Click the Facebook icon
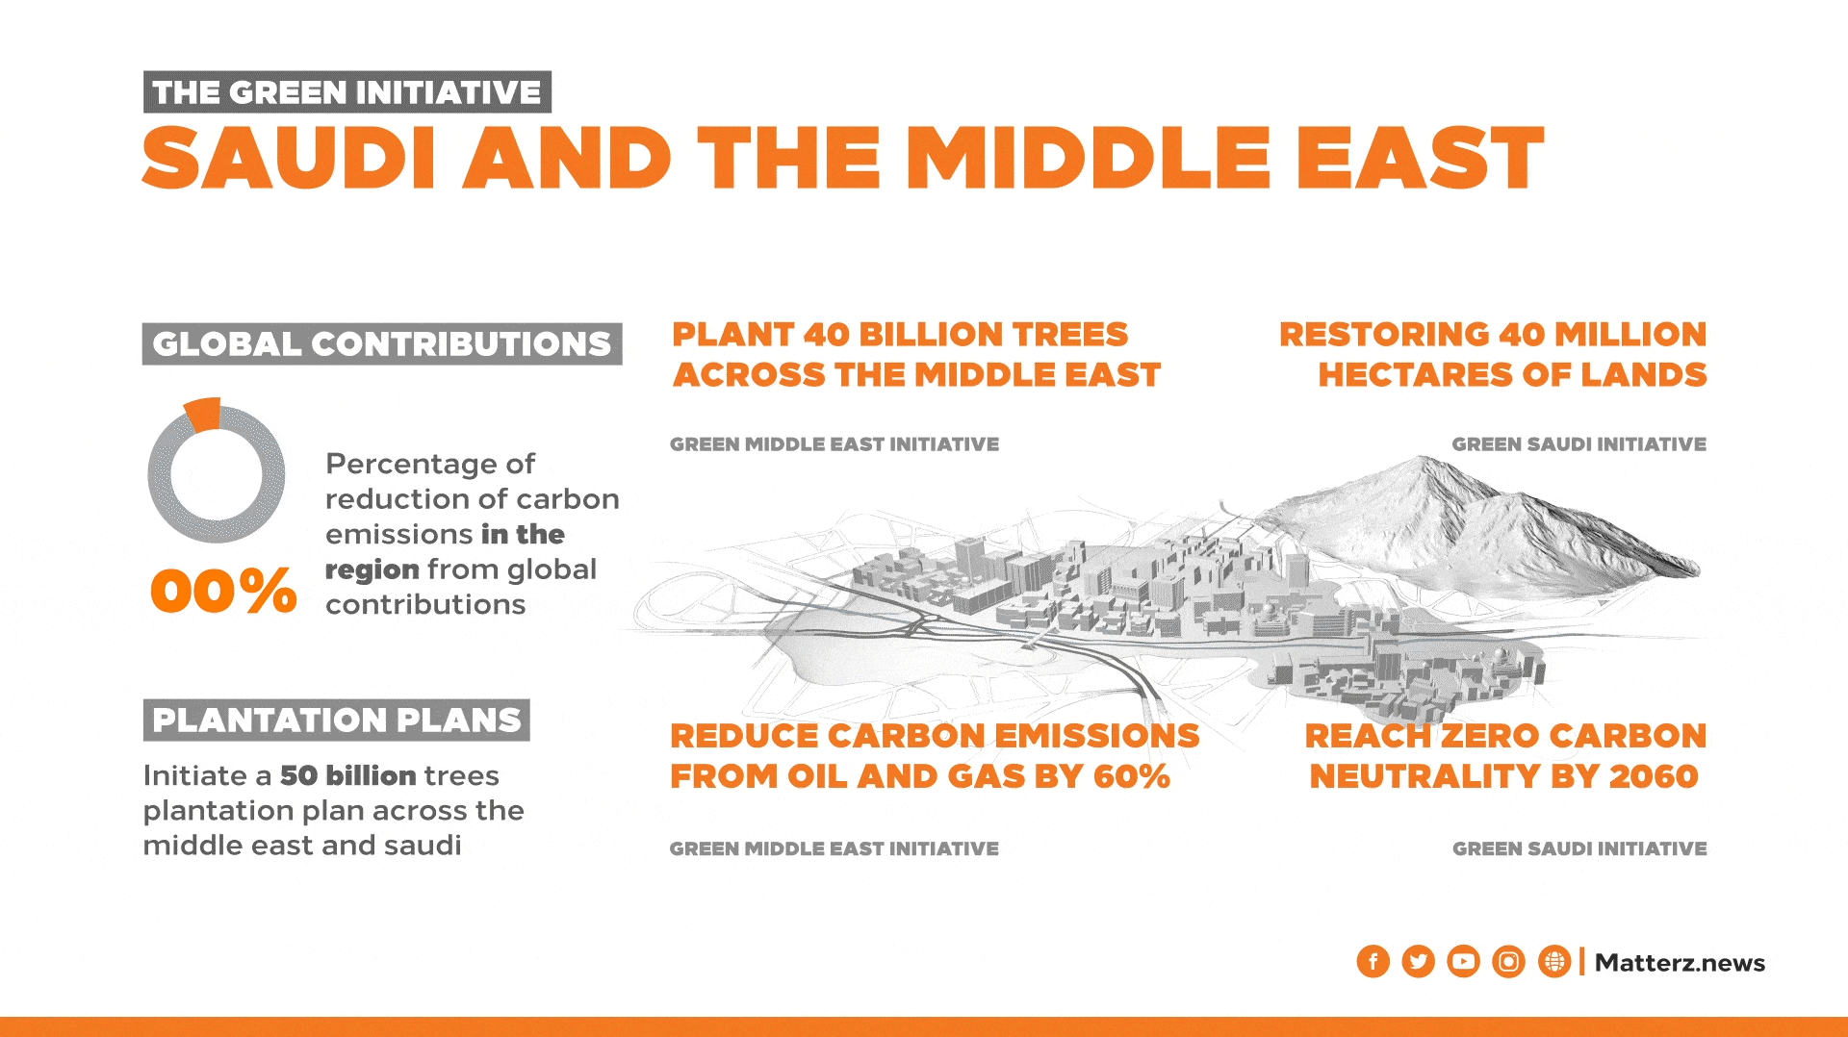click(x=1373, y=961)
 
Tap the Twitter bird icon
click(x=1418, y=961)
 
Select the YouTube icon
click(x=1463, y=961)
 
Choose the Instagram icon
click(x=1508, y=961)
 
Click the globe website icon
click(x=1553, y=961)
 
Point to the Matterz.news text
click(x=1680, y=963)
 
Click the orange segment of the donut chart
click(x=203, y=414)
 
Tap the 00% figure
click(x=223, y=590)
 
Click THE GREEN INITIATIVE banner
click(x=346, y=92)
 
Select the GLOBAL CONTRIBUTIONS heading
click(x=381, y=343)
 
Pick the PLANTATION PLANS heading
click(x=336, y=720)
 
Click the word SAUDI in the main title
click(x=289, y=158)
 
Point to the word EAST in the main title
click(x=1419, y=158)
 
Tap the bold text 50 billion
click(x=347, y=775)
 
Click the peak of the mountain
click(x=1415, y=461)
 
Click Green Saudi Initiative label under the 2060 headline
click(x=1578, y=848)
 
